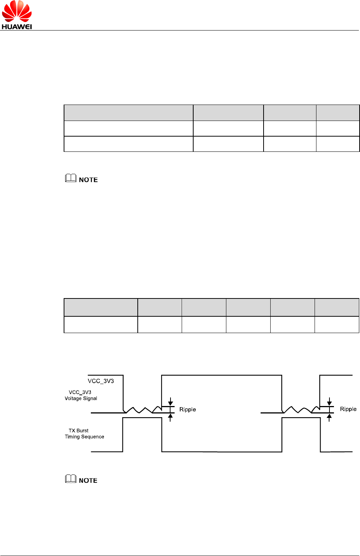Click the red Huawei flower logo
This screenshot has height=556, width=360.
[x=17, y=12]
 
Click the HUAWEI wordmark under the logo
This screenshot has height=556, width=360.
[x=17, y=27]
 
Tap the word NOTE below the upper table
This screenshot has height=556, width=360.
[x=88, y=180]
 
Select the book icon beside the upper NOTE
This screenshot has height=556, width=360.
[x=71, y=179]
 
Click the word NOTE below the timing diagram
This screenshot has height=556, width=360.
[x=88, y=480]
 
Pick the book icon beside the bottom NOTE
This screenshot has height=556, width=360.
[x=71, y=479]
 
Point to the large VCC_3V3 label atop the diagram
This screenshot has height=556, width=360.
[x=101, y=381]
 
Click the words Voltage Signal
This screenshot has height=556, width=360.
[x=81, y=399]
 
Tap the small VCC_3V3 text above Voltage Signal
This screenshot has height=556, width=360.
[x=80, y=392]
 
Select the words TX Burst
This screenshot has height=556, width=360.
[x=79, y=431]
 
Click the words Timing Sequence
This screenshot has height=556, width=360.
[x=85, y=437]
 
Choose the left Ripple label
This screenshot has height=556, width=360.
[x=188, y=409]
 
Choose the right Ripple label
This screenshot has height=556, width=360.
[x=348, y=409]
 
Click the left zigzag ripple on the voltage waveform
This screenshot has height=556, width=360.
[x=140, y=410]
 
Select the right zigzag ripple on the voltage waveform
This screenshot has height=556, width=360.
[x=298, y=410]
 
